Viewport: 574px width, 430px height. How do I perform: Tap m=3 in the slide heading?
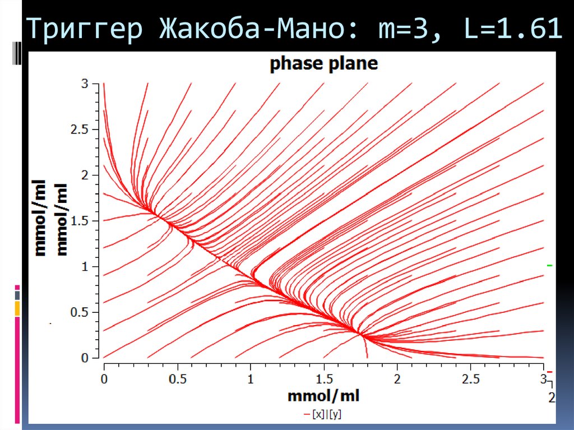pos(398,30)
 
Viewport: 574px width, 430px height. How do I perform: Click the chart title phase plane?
pos(323,64)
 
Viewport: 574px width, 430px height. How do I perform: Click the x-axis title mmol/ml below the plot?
pos(323,396)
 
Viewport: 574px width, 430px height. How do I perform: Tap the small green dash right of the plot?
pos(550,265)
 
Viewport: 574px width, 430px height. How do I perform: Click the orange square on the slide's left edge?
pos(17,308)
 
